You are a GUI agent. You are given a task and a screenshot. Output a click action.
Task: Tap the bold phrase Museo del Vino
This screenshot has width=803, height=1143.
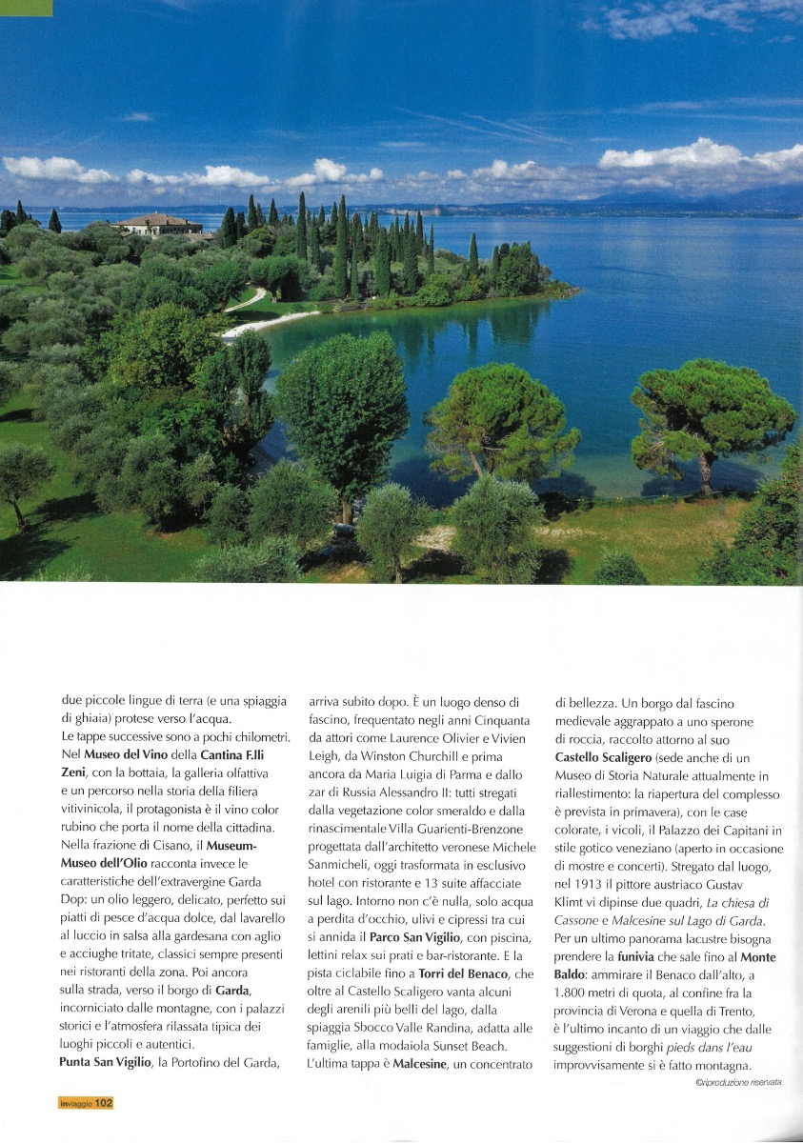(x=123, y=754)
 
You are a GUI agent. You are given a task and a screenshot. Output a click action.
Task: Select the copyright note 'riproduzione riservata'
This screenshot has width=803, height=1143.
(x=739, y=1082)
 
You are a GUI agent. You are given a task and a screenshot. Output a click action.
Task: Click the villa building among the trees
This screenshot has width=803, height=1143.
(x=160, y=225)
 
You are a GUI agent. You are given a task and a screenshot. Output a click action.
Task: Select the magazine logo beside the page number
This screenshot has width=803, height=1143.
(x=74, y=1102)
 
